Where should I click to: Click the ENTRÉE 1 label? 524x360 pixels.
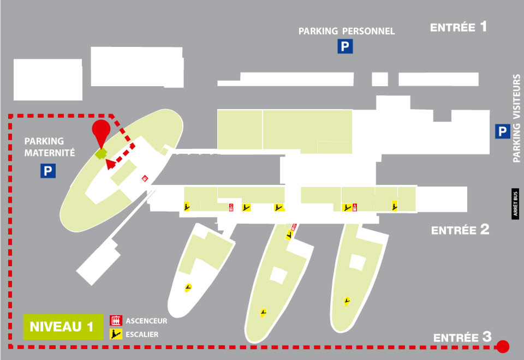(x=458, y=27)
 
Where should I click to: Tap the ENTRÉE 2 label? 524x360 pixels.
(x=460, y=230)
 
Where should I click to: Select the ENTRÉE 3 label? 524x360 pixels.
(x=462, y=337)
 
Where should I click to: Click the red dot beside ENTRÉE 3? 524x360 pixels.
(x=503, y=347)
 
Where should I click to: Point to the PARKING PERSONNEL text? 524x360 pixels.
(x=347, y=31)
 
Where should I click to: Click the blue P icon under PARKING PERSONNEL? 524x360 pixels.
(x=345, y=46)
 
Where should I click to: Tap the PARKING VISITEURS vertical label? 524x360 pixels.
(x=517, y=118)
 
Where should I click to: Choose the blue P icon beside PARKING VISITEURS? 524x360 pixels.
(x=503, y=131)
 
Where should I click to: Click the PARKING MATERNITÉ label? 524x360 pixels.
(x=50, y=147)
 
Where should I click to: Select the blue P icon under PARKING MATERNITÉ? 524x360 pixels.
(x=48, y=171)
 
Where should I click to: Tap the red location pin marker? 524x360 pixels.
(x=101, y=131)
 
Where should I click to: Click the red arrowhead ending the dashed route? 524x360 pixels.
(x=110, y=164)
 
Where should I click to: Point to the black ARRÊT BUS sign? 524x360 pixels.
(x=515, y=204)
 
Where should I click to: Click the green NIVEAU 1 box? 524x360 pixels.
(x=63, y=327)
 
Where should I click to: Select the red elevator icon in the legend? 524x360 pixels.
(x=116, y=321)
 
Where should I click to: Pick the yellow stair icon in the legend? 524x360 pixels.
(x=116, y=334)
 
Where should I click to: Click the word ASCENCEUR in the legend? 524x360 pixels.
(x=146, y=321)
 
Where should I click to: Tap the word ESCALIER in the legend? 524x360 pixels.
(x=142, y=334)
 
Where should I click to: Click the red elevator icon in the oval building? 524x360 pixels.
(x=145, y=178)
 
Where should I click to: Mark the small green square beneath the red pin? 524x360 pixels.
(x=101, y=154)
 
